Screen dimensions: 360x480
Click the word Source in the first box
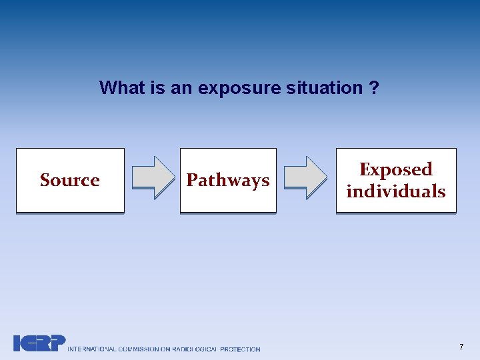(x=70, y=180)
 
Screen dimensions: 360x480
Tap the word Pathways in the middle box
(x=228, y=180)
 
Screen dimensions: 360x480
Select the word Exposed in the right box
(x=396, y=169)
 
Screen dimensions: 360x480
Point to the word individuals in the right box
(x=396, y=191)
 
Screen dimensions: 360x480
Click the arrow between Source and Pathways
(x=153, y=177)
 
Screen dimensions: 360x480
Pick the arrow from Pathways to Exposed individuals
(x=306, y=177)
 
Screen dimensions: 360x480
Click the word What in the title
(x=122, y=87)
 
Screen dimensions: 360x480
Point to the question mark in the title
(x=374, y=87)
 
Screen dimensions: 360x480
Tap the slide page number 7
(x=461, y=347)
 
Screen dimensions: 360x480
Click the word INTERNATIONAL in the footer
(x=93, y=349)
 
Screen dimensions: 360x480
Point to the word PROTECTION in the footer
(x=241, y=349)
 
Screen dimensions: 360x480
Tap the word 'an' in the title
(x=181, y=87)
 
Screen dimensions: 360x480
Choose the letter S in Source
(x=45, y=180)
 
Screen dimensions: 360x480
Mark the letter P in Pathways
(x=192, y=180)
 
